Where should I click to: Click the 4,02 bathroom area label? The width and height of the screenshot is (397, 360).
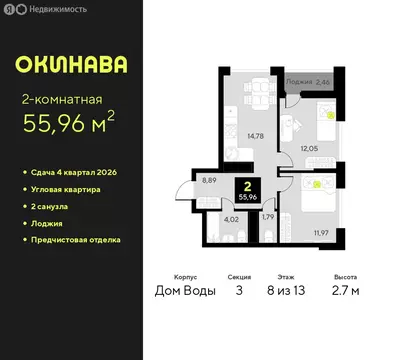(x=231, y=218)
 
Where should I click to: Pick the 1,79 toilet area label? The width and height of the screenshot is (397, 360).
(x=267, y=216)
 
